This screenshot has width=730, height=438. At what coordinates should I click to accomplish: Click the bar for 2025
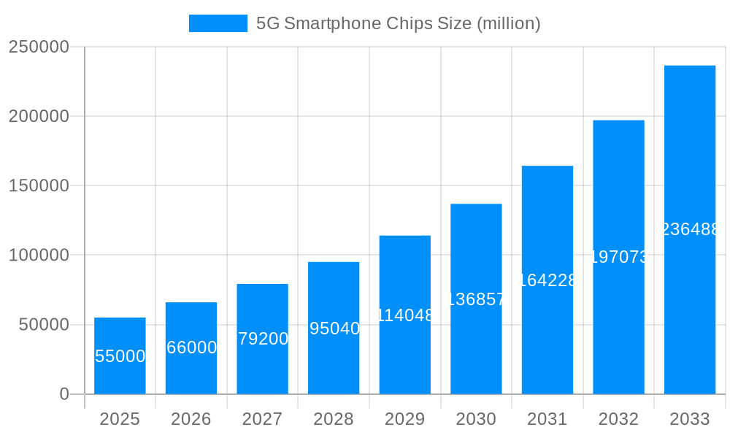[120, 356]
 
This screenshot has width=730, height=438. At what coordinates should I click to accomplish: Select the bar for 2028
[334, 328]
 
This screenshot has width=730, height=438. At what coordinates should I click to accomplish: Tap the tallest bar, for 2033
[690, 229]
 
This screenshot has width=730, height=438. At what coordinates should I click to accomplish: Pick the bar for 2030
[476, 299]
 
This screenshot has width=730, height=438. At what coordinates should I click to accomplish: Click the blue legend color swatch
[218, 23]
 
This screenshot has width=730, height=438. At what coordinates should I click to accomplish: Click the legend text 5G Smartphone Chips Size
[398, 23]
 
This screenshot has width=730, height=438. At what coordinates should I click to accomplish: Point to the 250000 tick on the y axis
[39, 47]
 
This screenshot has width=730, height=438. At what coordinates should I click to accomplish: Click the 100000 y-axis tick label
[39, 255]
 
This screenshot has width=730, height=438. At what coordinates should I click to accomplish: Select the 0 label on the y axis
[64, 394]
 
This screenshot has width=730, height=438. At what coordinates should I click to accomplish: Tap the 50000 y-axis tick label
[44, 325]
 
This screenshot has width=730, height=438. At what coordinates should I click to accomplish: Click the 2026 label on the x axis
[191, 419]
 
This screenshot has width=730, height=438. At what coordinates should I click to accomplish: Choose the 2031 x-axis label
[547, 419]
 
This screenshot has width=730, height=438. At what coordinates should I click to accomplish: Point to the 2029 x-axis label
[405, 419]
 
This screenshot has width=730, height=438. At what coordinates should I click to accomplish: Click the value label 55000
[120, 356]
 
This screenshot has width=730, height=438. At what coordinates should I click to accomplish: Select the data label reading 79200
[263, 339]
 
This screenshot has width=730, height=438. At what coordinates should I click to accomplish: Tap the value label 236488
[690, 229]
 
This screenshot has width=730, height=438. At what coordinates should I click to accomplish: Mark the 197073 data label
[618, 257]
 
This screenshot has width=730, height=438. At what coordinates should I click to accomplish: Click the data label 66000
[191, 347]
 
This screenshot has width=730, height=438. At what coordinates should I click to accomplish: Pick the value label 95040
[334, 328]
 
